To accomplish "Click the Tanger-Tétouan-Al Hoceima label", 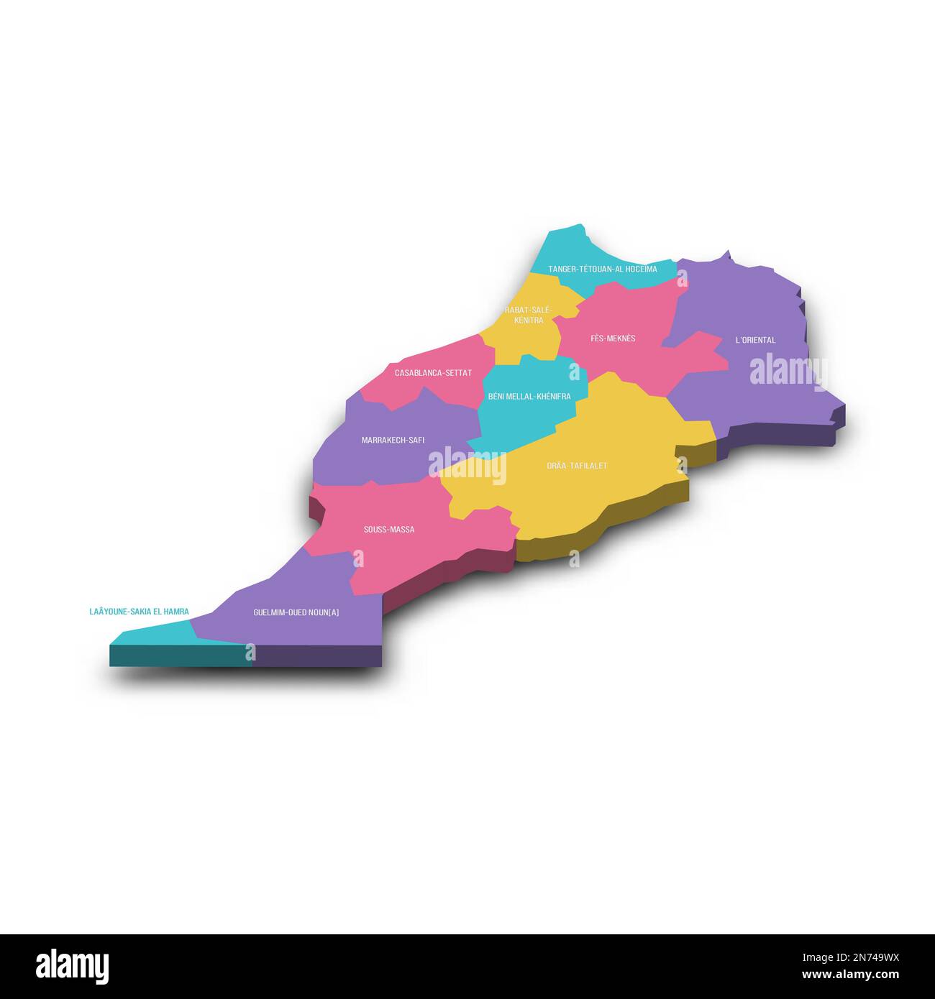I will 602,270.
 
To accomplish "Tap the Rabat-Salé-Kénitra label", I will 529,315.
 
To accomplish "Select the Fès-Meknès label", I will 613,339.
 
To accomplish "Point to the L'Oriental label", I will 755,340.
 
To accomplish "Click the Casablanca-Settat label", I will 433,373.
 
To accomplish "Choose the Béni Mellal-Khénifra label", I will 529,397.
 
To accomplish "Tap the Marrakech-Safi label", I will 393,440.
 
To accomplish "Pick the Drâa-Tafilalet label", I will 577,466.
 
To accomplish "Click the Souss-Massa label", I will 388,530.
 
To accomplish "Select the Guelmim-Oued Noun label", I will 296,613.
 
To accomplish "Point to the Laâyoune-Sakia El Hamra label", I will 139,612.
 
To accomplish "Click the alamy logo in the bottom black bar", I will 72,966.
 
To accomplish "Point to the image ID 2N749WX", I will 859,957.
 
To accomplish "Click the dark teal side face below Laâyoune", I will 180,655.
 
